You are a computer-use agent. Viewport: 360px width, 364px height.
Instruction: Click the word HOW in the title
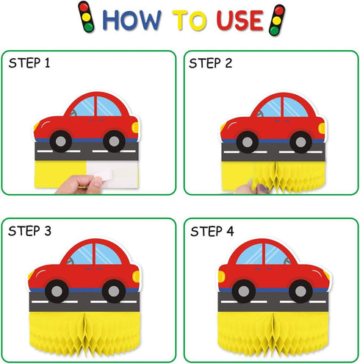click(132, 20)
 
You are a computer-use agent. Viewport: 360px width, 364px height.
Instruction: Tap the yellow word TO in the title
click(190, 21)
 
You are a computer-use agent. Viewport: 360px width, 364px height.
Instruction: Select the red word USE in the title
click(240, 21)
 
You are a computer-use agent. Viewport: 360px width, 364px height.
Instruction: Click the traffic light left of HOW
click(86, 17)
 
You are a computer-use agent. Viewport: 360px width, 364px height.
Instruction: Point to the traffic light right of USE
click(277, 20)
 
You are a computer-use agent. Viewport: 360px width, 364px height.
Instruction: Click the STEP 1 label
click(29, 63)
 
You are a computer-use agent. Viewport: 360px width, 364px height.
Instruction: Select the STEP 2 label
click(210, 63)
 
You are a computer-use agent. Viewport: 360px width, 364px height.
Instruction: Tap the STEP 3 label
click(29, 231)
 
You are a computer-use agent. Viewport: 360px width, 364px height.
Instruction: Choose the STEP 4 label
click(212, 232)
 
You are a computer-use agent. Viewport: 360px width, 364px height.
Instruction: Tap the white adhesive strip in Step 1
click(112, 174)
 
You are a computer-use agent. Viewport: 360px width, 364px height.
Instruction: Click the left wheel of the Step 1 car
click(61, 141)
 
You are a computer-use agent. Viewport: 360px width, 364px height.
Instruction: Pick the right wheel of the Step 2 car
click(300, 142)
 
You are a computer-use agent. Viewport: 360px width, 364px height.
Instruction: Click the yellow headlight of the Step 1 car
click(135, 127)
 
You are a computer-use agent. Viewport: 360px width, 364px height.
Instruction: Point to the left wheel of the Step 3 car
click(57, 291)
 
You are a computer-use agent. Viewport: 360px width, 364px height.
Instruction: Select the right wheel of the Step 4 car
click(300, 291)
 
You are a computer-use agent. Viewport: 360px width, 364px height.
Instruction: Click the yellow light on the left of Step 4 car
click(221, 276)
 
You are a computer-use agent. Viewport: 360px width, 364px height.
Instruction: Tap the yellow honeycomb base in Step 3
click(84, 334)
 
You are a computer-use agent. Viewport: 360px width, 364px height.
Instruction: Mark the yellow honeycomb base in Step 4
click(273, 334)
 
